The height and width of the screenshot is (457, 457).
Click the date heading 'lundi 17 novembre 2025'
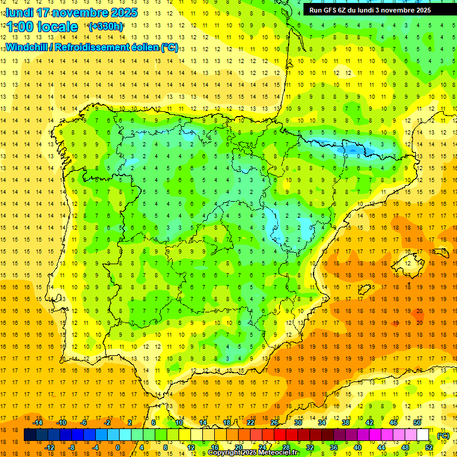pyautogui.click(x=71, y=12)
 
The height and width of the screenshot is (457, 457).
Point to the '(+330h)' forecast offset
pyautogui.click(x=106, y=27)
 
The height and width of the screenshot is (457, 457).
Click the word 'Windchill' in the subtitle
pyautogui.click(x=26, y=48)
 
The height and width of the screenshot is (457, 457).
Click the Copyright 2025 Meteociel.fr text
pyautogui.click(x=253, y=453)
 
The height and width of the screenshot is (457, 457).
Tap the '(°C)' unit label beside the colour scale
pyautogui.click(x=443, y=436)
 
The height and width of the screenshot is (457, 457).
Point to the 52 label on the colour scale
pyautogui.click(x=429, y=447)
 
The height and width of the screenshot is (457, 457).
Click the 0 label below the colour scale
pyautogui.click(x=118, y=447)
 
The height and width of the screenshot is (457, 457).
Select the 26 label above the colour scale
pyautogui.click(x=274, y=422)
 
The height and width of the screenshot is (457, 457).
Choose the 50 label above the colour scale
pyautogui.click(x=417, y=422)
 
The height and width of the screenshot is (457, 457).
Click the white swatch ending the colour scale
pyautogui.click(x=423, y=435)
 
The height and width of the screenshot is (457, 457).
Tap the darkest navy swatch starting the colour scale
pyautogui.click(x=30, y=435)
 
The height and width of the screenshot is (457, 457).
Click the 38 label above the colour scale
pyautogui.click(x=345, y=422)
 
